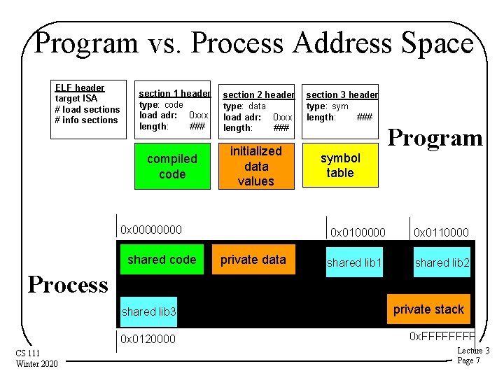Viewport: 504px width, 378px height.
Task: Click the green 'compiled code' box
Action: (172, 167)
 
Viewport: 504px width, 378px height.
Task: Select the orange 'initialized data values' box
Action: (255, 166)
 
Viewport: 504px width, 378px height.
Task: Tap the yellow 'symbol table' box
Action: (340, 166)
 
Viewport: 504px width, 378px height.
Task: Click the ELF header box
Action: (88, 104)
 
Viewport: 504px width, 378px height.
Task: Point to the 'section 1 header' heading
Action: (174, 93)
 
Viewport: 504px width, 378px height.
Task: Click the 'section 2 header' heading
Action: (258, 94)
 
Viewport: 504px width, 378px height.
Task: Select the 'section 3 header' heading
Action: (342, 94)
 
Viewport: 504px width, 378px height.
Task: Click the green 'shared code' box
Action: (162, 260)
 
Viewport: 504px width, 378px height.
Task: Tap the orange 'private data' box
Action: (253, 260)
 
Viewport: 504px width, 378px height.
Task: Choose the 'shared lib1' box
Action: (354, 262)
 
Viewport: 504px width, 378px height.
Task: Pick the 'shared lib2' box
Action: (442, 262)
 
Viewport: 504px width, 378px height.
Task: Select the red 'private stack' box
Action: (428, 309)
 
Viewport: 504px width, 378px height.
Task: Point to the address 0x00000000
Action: (151, 229)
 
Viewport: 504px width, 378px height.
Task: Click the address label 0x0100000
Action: (357, 232)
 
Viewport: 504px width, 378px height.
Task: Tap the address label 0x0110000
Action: (441, 232)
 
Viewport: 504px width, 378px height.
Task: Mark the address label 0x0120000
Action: (148, 339)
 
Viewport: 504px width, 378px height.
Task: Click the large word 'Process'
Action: (68, 284)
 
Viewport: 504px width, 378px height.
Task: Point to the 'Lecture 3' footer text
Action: (473, 351)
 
